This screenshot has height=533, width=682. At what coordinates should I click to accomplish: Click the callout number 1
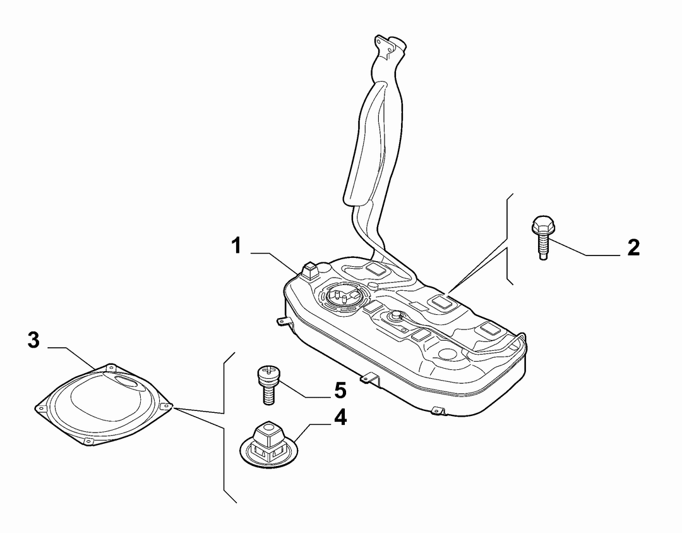(x=236, y=245)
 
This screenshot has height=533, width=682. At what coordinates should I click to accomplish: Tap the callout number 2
(x=633, y=248)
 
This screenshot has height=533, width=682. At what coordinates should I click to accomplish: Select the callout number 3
(x=33, y=340)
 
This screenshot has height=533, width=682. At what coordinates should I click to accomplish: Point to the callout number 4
(x=340, y=417)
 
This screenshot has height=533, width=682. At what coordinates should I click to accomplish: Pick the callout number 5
(x=340, y=390)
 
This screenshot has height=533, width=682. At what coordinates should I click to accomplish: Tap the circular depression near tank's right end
(x=448, y=353)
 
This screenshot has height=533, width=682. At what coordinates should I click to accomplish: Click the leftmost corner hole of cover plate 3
(x=42, y=408)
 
